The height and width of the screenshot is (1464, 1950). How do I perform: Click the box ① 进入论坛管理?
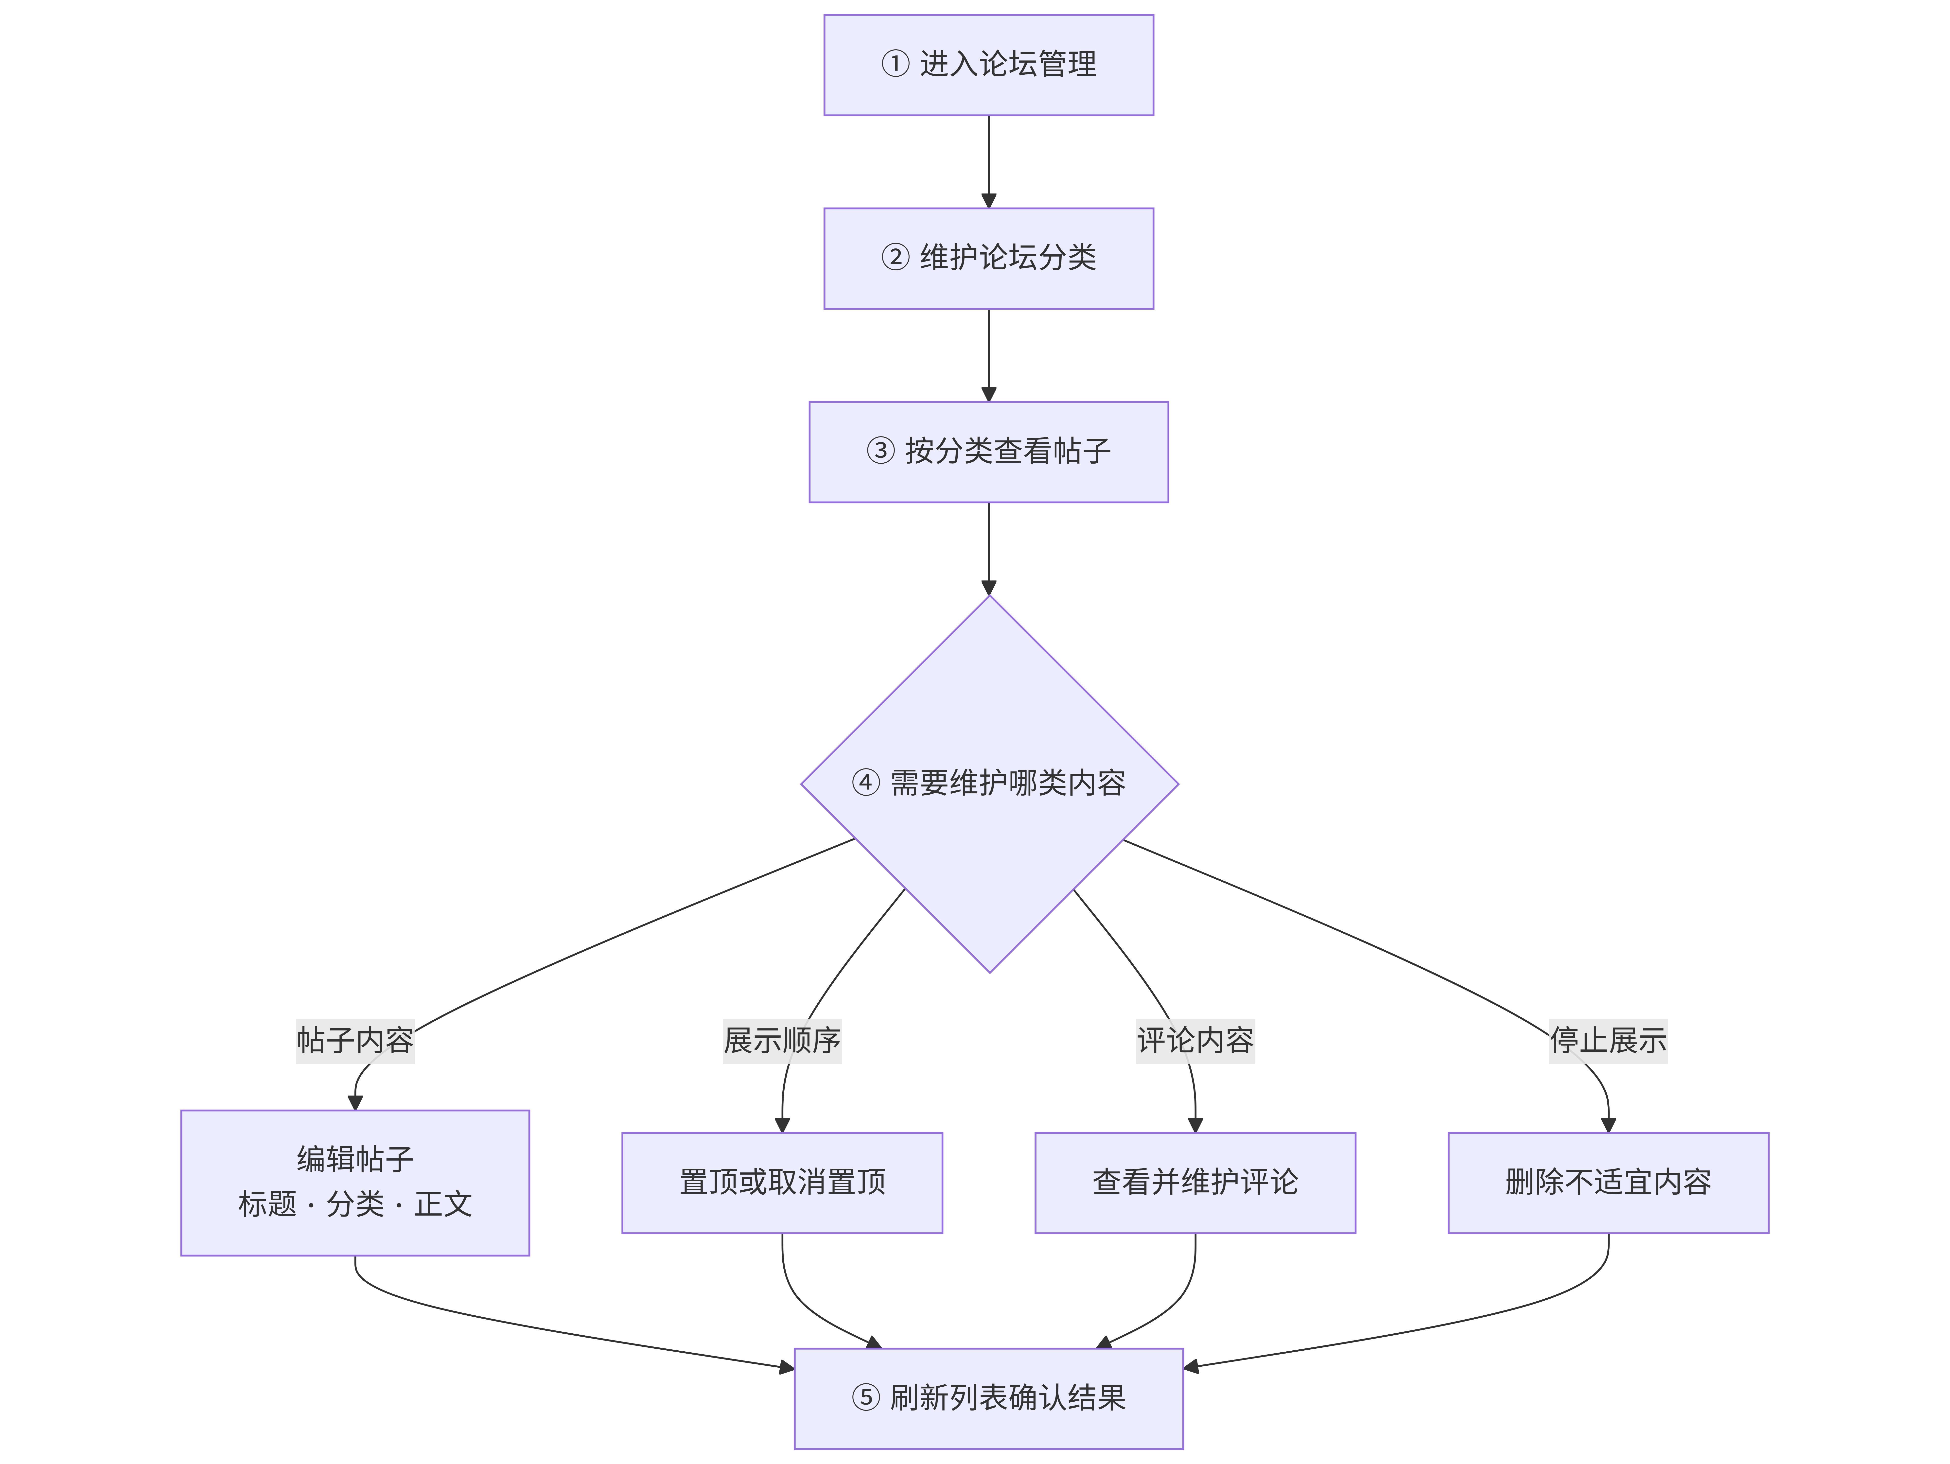(988, 64)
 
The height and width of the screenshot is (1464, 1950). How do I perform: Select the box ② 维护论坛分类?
(988, 258)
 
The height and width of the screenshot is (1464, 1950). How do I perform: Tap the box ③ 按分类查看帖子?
(988, 452)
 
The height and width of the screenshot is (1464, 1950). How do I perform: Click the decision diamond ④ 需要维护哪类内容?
(989, 784)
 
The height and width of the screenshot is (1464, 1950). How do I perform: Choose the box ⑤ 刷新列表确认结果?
(988, 1398)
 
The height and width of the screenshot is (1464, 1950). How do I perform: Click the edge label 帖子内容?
(355, 1041)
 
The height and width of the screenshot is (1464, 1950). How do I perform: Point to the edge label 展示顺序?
(782, 1041)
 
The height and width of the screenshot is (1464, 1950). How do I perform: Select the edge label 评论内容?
(1195, 1041)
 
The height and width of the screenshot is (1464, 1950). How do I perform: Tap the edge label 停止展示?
(1608, 1041)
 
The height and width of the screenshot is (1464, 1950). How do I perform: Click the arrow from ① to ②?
(988, 162)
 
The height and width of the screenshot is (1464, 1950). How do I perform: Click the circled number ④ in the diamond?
(866, 783)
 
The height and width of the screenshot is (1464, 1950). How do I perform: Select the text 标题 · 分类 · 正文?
(355, 1204)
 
